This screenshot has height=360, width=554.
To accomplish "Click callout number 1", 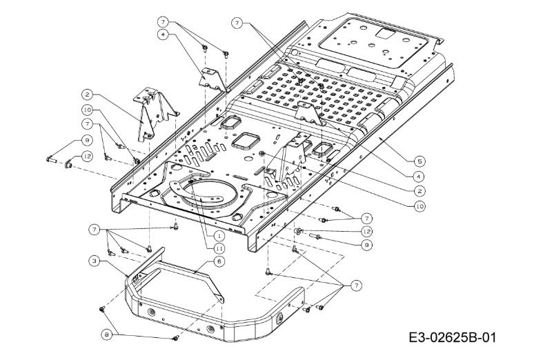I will pyautogui.click(x=217, y=234).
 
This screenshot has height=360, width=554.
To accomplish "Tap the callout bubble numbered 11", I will pyautogui.click(x=217, y=247).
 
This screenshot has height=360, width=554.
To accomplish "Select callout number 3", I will pyautogui.click(x=94, y=261).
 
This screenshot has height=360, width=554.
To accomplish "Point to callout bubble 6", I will pyautogui.click(x=218, y=261).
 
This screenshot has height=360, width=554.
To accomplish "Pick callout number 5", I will pyautogui.click(x=420, y=160).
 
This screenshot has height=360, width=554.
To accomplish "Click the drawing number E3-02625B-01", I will pyautogui.click(x=451, y=338).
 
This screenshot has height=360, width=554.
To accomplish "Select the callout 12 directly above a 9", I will pyautogui.click(x=367, y=232).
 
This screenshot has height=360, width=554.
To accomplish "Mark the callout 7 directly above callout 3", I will pyautogui.click(x=94, y=228).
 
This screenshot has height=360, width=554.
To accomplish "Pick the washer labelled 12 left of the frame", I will pyautogui.click(x=70, y=165).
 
